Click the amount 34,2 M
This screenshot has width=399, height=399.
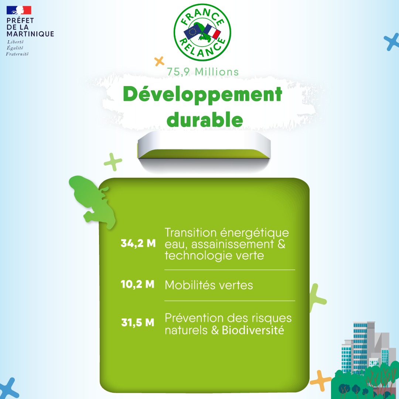click(x=138, y=243)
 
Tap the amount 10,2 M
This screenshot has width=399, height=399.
click(x=137, y=284)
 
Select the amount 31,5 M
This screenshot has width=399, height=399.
click(x=138, y=323)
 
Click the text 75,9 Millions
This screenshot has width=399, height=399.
click(x=203, y=72)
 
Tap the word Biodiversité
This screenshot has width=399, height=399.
click(x=253, y=330)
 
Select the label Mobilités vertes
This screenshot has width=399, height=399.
click(x=209, y=285)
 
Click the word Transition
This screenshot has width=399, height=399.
click(x=190, y=232)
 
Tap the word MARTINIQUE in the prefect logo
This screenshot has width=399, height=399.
click(x=30, y=34)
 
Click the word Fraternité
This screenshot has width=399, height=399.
click(x=17, y=54)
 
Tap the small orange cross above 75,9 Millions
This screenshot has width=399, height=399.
click(x=159, y=61)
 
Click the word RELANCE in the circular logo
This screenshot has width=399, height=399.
click(x=202, y=48)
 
